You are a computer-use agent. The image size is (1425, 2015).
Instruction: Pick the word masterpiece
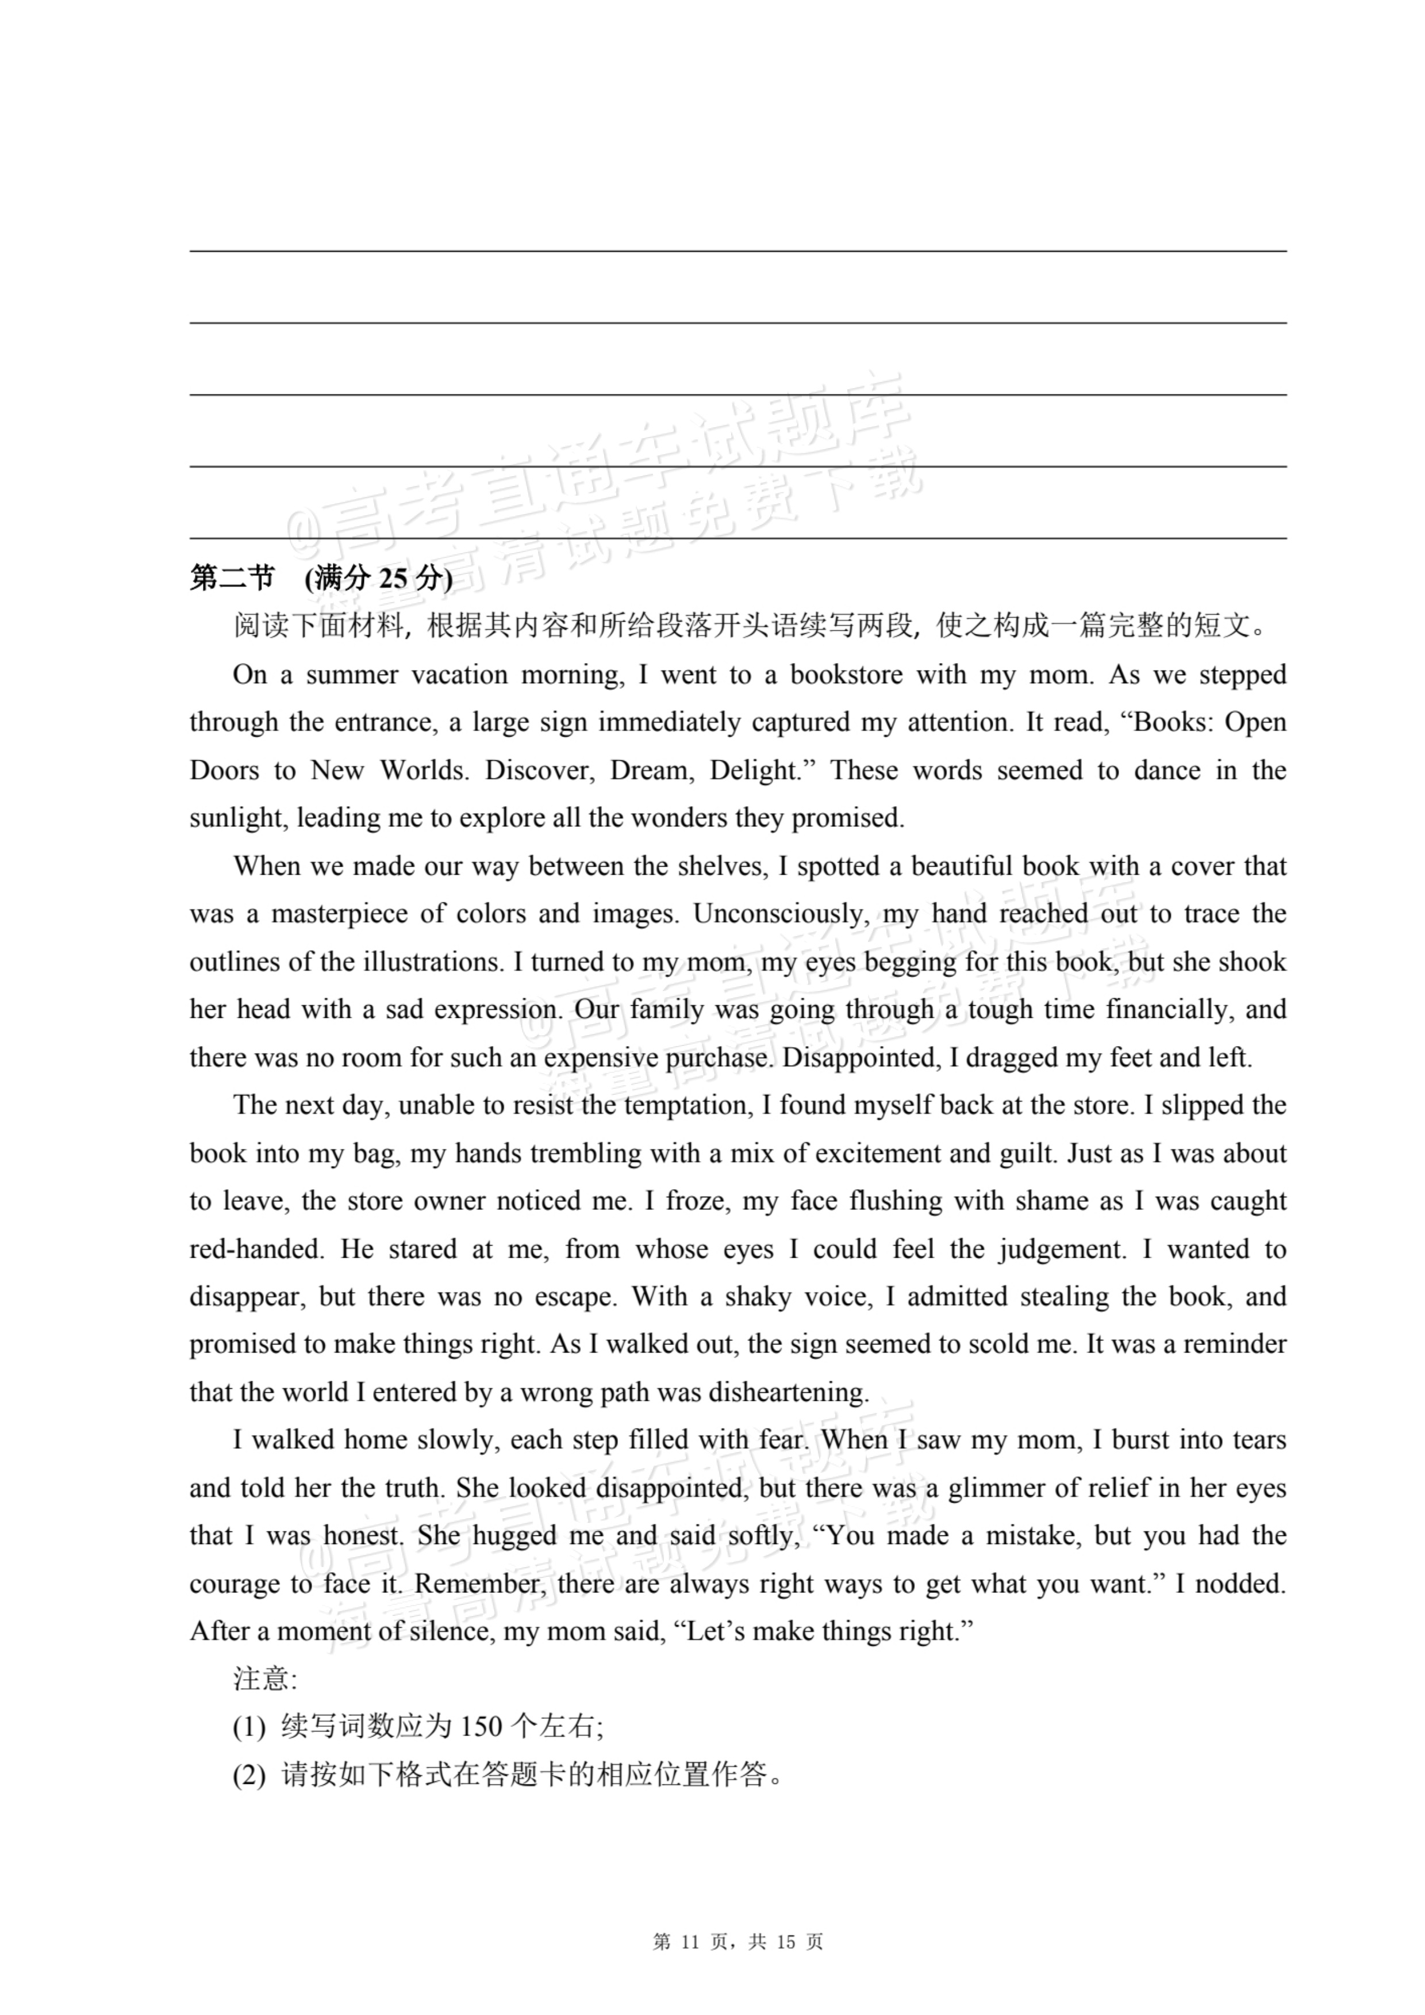tap(339, 914)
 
